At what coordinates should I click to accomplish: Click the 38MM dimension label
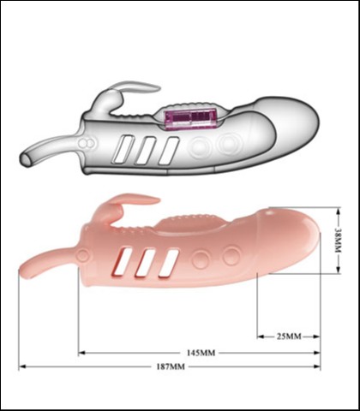(338, 240)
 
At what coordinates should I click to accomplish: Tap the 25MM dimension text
(289, 337)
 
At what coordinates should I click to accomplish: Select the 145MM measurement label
(201, 353)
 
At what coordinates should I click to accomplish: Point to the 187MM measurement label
(171, 366)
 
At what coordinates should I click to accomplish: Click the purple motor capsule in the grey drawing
(189, 119)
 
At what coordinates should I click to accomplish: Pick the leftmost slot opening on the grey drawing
(123, 150)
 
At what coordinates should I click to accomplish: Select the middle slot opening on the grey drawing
(146, 151)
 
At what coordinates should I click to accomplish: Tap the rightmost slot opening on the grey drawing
(169, 151)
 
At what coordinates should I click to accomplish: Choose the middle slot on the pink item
(146, 263)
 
